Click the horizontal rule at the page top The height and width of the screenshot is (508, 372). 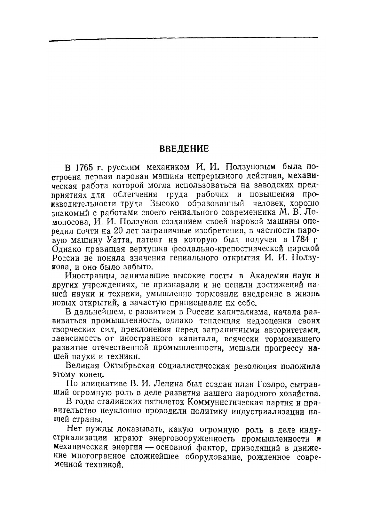click(x=184, y=39)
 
